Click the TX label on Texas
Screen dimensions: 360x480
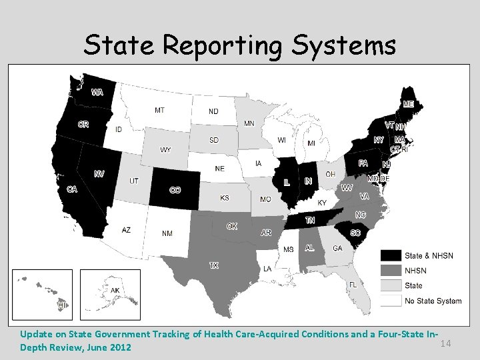(x=214, y=265)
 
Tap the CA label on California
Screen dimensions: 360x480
(x=72, y=189)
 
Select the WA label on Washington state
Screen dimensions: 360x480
(x=97, y=92)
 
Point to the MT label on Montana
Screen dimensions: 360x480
(x=160, y=110)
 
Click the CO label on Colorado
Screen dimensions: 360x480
(x=175, y=190)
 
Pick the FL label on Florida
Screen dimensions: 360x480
(x=352, y=284)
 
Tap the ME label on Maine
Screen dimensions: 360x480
(x=408, y=104)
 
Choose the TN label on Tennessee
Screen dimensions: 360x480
(x=310, y=220)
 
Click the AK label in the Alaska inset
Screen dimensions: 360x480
(x=115, y=291)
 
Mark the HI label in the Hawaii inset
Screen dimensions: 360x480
(x=62, y=304)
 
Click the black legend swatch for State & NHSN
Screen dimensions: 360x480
(x=391, y=255)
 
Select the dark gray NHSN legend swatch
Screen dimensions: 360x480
(x=391, y=271)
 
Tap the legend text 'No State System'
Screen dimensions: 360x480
(x=433, y=301)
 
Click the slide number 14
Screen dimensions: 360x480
(x=446, y=343)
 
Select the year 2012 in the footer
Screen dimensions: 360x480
(x=120, y=348)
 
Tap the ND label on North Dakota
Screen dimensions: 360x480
(x=213, y=111)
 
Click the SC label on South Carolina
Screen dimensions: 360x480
(x=355, y=233)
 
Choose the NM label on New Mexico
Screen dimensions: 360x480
(x=167, y=233)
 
